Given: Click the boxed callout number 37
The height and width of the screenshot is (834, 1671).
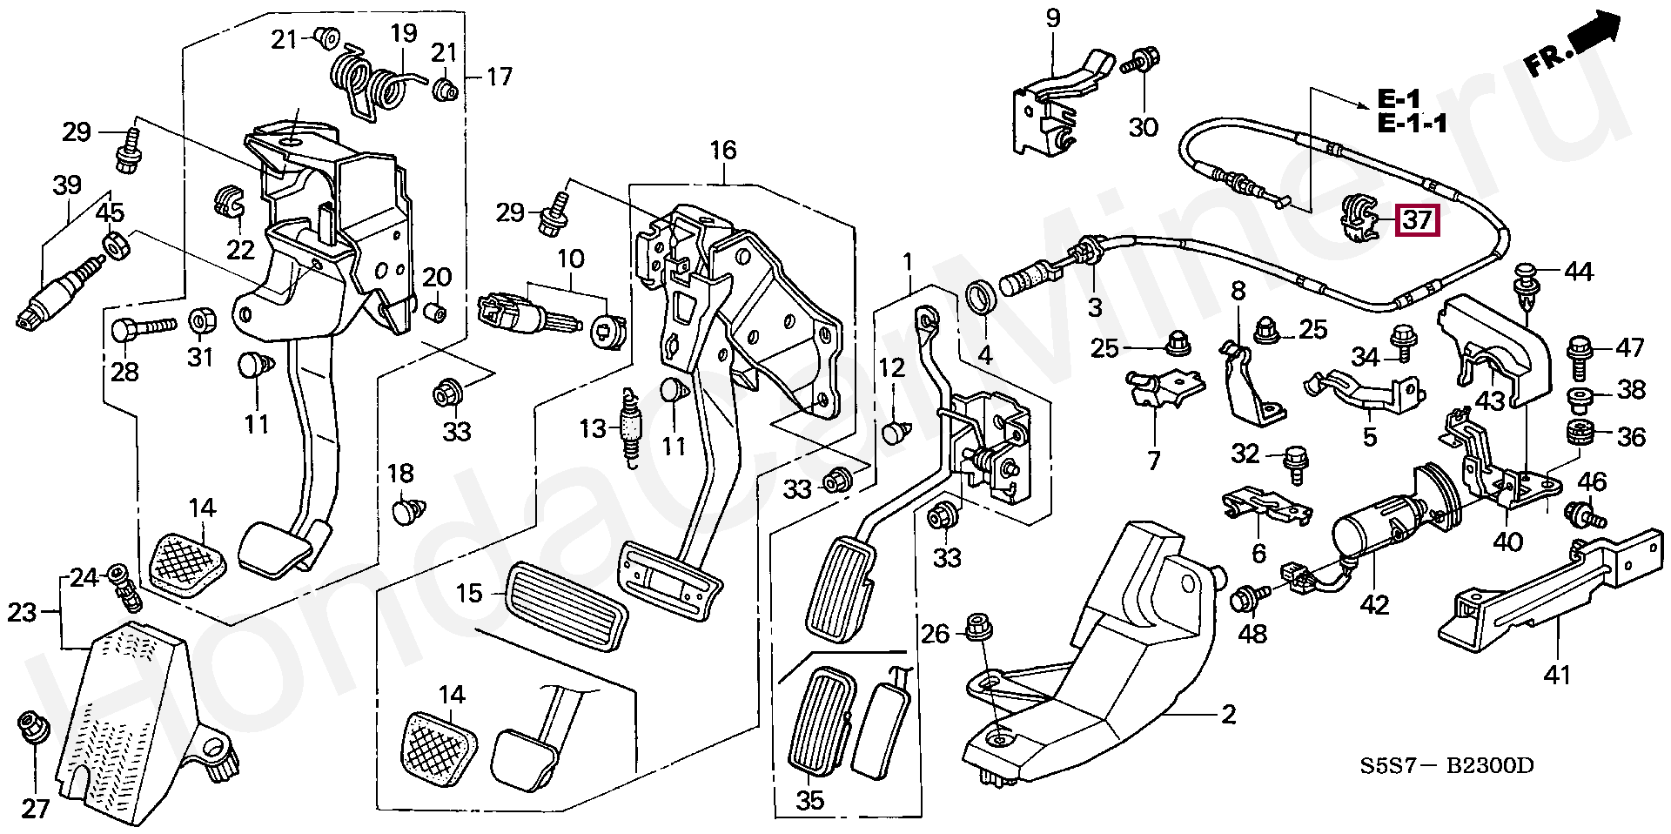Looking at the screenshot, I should (x=1418, y=221).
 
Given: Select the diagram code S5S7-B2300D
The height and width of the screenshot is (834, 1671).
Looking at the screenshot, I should (x=1447, y=766).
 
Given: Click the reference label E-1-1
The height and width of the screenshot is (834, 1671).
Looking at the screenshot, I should (x=1413, y=124).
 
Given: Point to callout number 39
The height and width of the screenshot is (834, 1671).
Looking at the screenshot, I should (x=67, y=185).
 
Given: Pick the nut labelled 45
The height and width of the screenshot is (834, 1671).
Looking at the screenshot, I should (x=115, y=246).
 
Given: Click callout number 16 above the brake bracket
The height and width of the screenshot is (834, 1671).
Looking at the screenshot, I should (x=722, y=150).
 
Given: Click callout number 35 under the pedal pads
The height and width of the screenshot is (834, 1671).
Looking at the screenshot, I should (x=809, y=798).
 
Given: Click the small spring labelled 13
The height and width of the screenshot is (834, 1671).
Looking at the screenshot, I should (x=630, y=428).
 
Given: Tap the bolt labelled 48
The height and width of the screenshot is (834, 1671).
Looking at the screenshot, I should (x=1245, y=598).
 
